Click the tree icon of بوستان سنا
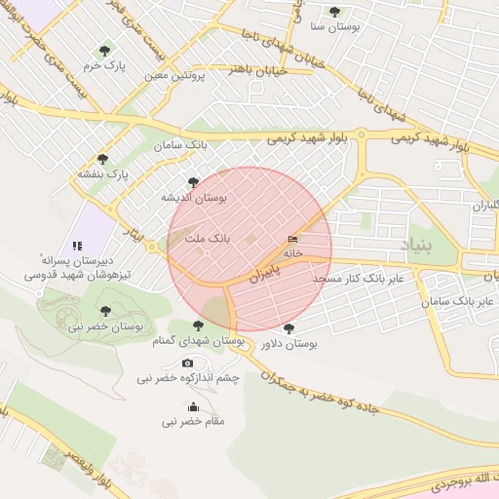pos(335,12)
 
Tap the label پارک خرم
pos(105,65)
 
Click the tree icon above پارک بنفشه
pos(102,159)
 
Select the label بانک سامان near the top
pos(180,145)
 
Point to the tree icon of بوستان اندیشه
pos(193,181)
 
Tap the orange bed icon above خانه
pos(293,239)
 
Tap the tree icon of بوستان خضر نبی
pos(105,311)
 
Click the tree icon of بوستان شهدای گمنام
pos(198,326)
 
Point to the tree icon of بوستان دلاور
pos(288,328)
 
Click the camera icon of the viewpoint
pos(187,363)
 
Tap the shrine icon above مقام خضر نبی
pos(193,406)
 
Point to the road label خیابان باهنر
pos(257,70)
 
